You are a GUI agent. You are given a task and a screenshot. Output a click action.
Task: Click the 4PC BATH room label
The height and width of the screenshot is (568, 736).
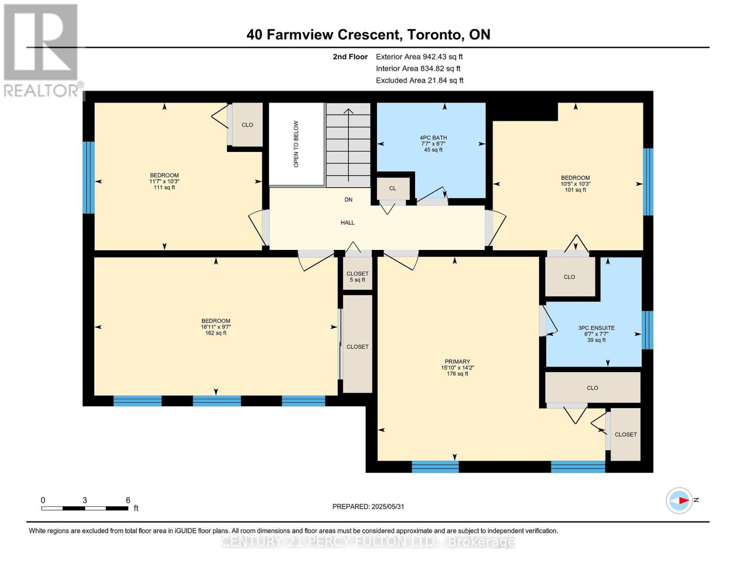click(433, 143)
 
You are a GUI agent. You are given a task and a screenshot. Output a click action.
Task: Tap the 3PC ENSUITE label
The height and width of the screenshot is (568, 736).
click(596, 334)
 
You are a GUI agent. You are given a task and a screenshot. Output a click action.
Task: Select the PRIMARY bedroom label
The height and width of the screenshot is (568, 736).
click(457, 367)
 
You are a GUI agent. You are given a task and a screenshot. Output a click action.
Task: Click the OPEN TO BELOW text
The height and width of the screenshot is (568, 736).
click(296, 144)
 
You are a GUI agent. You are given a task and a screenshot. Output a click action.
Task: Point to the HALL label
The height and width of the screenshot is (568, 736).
click(347, 222)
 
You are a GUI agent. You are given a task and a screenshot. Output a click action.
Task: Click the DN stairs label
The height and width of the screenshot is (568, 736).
click(348, 200)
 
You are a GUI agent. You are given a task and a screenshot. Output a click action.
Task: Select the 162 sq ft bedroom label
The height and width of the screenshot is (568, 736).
click(216, 327)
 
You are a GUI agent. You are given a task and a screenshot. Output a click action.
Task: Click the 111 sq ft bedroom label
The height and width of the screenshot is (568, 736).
click(164, 181)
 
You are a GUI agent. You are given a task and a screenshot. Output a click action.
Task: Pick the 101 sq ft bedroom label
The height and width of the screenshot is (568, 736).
click(575, 184)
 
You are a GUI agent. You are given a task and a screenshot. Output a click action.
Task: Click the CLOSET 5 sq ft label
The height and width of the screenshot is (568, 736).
click(357, 277)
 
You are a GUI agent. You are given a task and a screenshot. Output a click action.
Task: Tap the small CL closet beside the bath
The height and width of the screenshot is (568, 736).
click(392, 188)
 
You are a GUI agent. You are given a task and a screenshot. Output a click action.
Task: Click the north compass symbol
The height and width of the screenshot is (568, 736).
click(679, 501)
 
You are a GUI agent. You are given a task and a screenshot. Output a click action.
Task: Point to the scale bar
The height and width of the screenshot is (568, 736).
click(85, 508)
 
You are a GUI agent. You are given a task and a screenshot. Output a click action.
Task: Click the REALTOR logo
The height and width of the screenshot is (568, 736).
click(42, 51)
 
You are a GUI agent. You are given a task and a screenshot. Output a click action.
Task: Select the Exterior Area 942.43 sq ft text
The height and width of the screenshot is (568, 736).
click(419, 57)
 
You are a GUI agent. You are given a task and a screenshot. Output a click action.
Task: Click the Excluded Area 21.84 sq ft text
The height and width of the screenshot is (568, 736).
click(419, 80)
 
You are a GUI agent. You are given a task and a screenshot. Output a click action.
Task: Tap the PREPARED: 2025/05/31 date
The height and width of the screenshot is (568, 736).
click(368, 507)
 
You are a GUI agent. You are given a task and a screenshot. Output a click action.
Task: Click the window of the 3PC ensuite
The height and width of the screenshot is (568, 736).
click(647, 330)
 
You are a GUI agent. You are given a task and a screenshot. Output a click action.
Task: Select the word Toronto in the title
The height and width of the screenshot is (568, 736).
click(436, 35)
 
